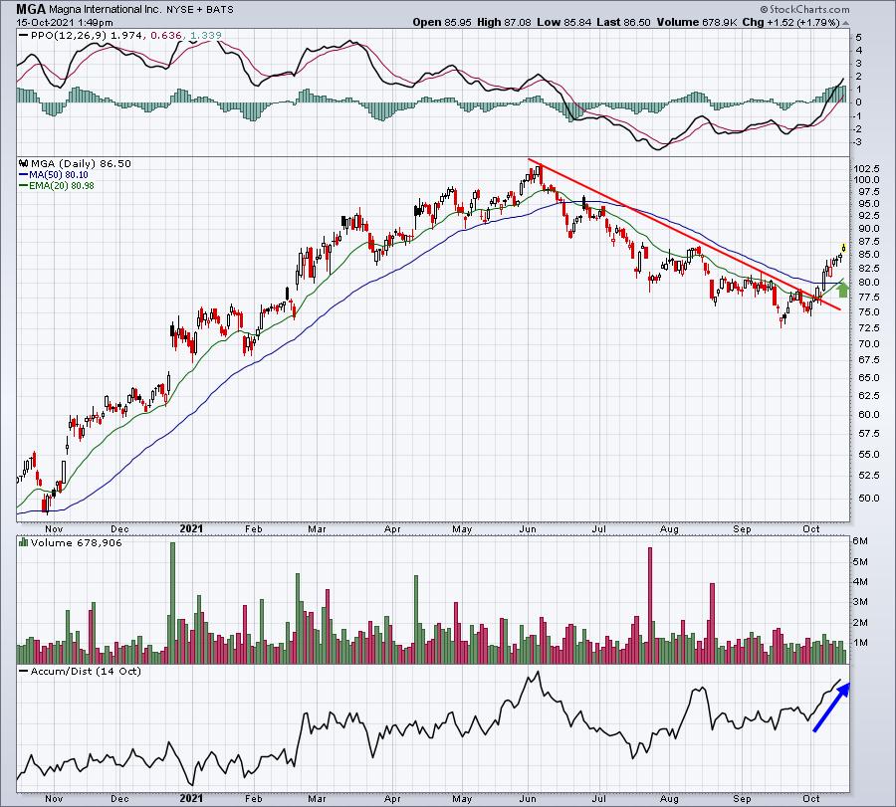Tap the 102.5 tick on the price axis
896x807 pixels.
871,167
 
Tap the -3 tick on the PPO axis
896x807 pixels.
858,141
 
